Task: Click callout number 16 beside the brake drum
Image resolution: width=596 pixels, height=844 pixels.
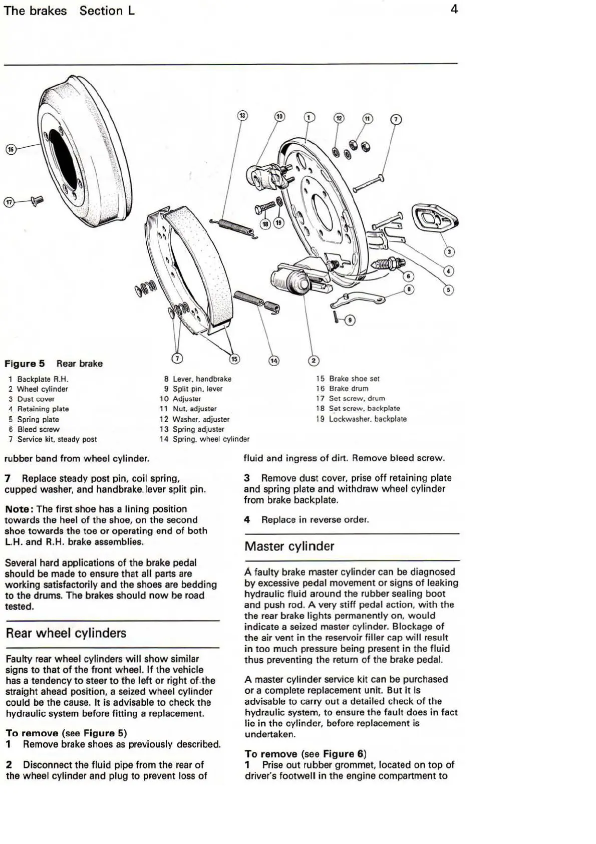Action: point(11,149)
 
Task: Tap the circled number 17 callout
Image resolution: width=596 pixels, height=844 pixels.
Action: point(9,202)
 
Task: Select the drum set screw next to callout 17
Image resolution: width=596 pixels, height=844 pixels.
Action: point(37,200)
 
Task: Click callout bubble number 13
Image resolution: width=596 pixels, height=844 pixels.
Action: point(242,116)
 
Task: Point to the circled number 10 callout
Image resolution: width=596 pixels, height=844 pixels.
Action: point(279,117)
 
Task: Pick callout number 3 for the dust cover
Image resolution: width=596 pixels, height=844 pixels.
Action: point(449,251)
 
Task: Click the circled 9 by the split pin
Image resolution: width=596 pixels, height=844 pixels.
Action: point(350,320)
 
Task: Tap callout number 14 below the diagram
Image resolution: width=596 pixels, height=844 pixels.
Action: point(274,360)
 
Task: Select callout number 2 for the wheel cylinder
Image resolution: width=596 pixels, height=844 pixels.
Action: point(314,360)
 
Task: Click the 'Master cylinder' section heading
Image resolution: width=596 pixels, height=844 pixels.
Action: point(289,546)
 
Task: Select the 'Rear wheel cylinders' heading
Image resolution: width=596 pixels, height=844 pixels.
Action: point(66,633)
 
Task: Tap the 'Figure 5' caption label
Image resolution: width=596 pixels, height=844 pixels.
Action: point(25,364)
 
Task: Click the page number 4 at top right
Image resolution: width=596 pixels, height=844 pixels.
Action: point(454,9)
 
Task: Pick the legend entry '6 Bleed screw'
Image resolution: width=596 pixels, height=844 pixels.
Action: point(34,429)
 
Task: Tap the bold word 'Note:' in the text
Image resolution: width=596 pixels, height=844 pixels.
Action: point(20,509)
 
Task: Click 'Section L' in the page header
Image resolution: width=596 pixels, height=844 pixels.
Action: point(107,11)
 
